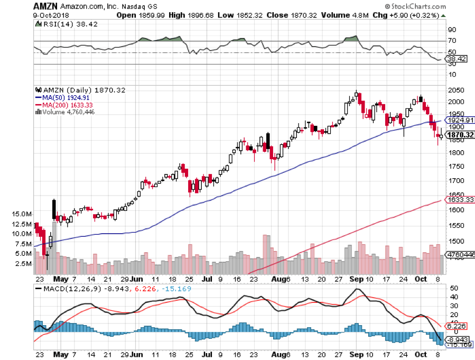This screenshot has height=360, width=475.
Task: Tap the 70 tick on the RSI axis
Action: pyautogui.click(x=452, y=40)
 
